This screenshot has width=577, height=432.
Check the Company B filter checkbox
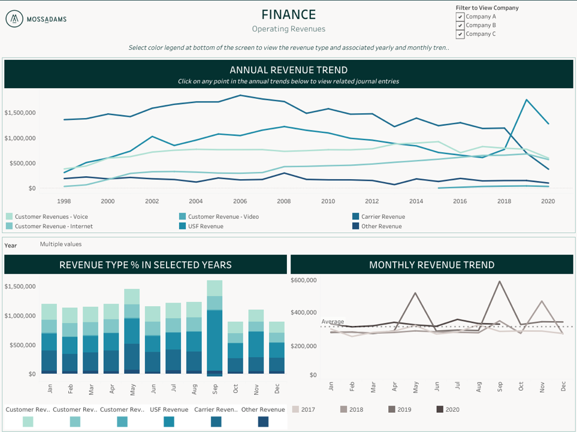point(460,25)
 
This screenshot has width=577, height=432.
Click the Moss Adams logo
point(36,19)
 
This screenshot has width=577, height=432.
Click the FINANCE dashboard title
point(288,14)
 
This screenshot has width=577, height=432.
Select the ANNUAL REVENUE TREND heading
point(288,70)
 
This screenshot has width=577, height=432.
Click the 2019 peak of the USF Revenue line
point(526,100)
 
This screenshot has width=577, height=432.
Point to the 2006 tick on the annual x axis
point(240,202)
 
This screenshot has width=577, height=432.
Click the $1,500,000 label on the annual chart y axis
point(20,113)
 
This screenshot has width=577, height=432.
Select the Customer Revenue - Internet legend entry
point(53,226)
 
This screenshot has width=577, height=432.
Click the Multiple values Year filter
point(61,244)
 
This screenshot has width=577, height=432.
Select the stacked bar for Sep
point(215,328)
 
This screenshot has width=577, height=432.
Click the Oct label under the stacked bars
point(235,389)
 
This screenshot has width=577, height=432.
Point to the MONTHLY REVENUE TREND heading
point(431,265)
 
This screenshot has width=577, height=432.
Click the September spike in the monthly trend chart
point(500,282)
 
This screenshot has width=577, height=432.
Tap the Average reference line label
point(333,322)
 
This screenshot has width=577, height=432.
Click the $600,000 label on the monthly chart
point(303,280)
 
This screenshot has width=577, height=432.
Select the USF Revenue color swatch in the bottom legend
point(169,422)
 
